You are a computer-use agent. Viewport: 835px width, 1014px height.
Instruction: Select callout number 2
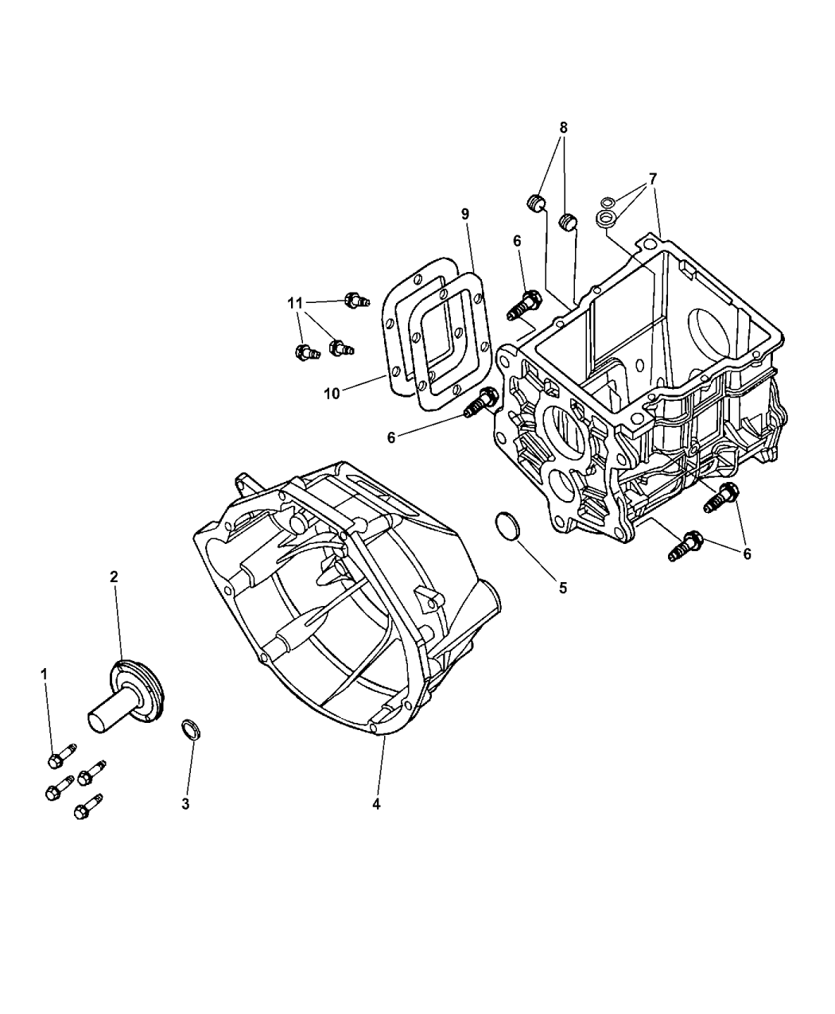(114, 577)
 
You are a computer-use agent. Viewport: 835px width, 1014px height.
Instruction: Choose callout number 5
(562, 588)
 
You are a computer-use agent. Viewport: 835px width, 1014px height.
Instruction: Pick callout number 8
(563, 128)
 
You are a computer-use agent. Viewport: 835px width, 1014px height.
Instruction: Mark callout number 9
(465, 214)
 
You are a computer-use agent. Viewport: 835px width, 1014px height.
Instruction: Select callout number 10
(332, 394)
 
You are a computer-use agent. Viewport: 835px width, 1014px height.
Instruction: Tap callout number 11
(295, 304)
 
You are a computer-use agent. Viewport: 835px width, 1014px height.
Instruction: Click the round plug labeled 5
(507, 525)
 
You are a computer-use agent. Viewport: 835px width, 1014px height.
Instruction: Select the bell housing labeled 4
(347, 604)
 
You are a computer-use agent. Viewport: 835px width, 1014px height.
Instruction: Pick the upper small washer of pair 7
(608, 202)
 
